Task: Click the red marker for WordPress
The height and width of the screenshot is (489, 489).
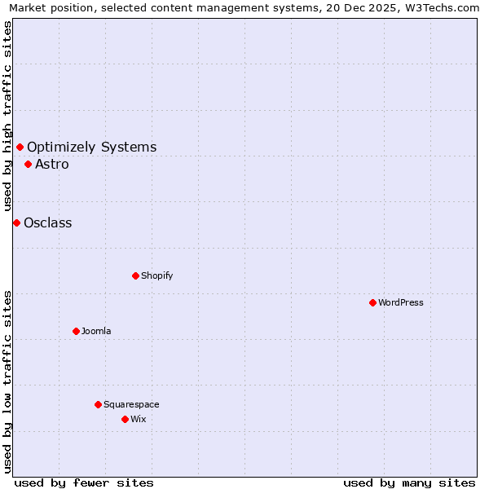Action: tap(372, 302)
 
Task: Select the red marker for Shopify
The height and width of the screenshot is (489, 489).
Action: tap(135, 275)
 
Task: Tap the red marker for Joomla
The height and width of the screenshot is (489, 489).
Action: tap(76, 331)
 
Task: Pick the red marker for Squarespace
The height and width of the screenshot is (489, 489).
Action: tap(98, 404)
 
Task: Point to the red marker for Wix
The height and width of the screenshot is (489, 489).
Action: tap(125, 419)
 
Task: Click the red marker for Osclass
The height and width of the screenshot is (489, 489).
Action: tap(16, 222)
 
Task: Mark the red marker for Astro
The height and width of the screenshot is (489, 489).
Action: tap(28, 164)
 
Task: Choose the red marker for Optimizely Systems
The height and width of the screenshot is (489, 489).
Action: tap(20, 147)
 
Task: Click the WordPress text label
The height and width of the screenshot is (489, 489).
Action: tap(401, 302)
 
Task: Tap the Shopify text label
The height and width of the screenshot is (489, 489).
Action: tap(156, 275)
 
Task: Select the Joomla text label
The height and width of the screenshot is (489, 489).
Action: tap(96, 331)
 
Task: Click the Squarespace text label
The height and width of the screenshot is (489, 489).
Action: tap(131, 404)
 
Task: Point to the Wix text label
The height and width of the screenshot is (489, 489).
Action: tap(139, 419)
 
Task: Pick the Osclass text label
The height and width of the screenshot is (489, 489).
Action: tap(48, 222)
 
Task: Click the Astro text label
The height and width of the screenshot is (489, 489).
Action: tap(52, 164)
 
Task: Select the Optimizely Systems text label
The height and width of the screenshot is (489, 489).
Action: tap(92, 147)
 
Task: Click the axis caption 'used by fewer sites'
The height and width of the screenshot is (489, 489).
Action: tap(84, 482)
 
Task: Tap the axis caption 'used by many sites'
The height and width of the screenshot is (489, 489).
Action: tap(409, 482)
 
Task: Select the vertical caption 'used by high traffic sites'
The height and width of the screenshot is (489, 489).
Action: tap(7, 117)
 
